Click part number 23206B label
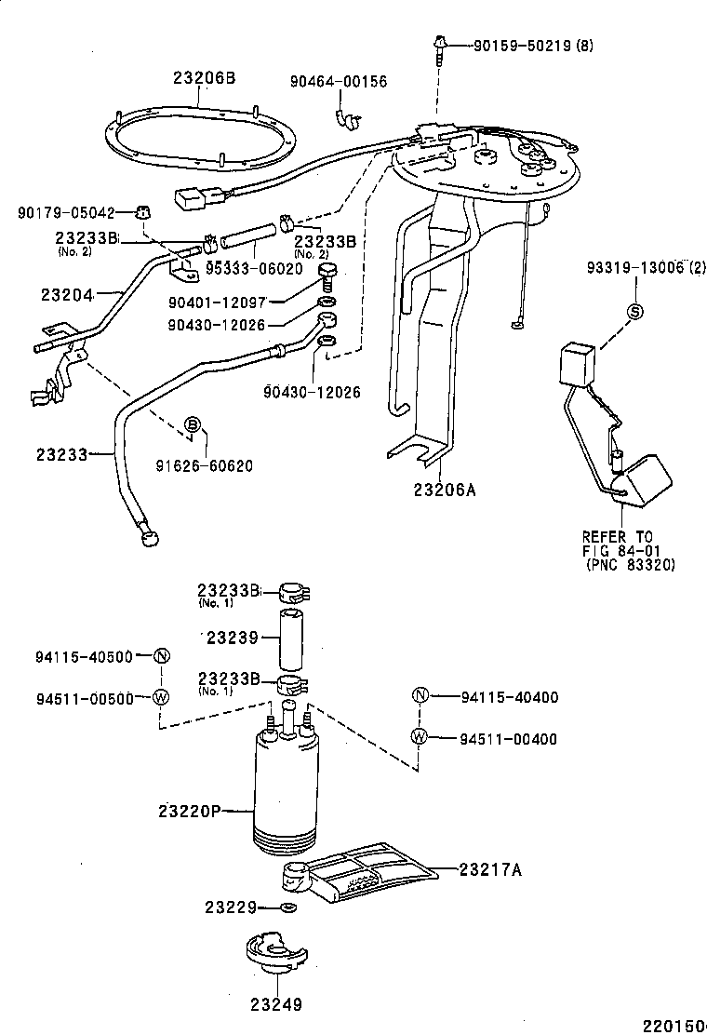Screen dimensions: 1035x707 point(204,78)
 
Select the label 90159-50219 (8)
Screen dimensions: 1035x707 point(533,44)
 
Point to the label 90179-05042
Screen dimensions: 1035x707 point(66,212)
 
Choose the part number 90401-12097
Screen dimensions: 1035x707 point(217,302)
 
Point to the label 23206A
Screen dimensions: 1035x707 point(444,490)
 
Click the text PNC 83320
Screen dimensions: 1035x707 point(630,565)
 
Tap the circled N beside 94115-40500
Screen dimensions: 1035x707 point(161,655)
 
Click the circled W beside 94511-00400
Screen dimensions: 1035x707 point(419,737)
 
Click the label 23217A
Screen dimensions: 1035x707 point(490,869)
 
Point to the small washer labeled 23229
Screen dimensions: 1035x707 point(288,907)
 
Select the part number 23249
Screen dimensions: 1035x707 point(275,1004)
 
